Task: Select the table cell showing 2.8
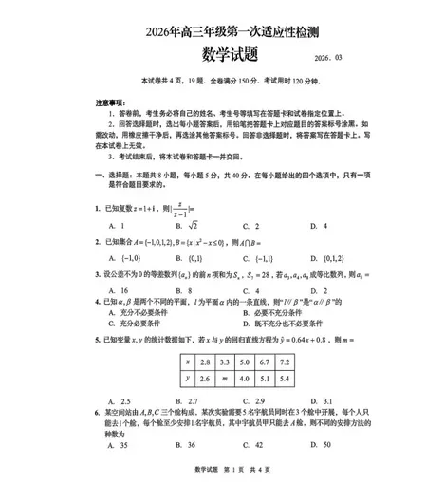[204, 362]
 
